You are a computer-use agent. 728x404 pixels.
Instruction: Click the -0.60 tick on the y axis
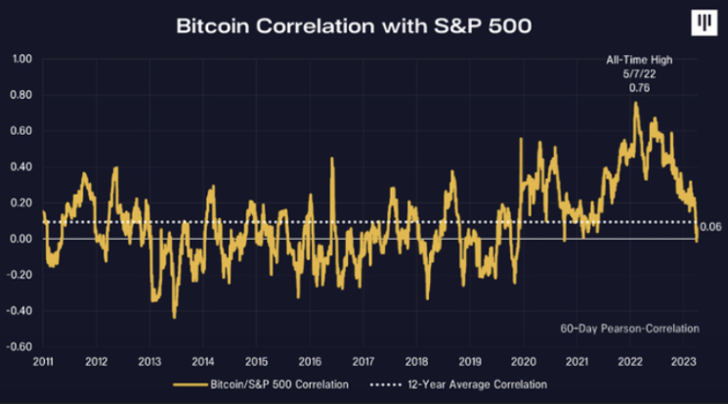(21, 347)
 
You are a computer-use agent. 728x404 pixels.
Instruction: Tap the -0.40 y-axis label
(21, 311)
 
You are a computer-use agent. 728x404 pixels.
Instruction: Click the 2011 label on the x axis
(43, 361)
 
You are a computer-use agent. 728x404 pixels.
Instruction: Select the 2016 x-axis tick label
(309, 361)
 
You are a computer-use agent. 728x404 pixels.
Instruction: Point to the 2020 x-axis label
(522, 361)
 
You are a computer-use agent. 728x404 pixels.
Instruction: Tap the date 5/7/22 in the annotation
(636, 73)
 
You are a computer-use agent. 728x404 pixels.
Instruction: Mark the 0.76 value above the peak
(636, 87)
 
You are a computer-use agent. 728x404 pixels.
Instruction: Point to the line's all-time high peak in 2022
(636, 103)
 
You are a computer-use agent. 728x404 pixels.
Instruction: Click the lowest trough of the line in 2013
(174, 317)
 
